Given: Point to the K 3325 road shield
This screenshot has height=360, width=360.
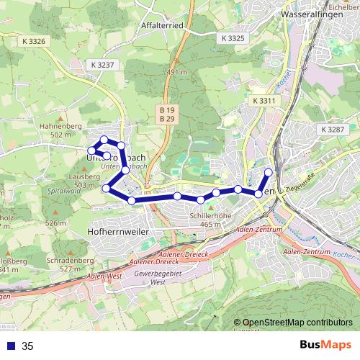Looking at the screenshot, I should click(233, 37).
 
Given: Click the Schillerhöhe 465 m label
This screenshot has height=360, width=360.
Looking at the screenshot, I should click(205, 220).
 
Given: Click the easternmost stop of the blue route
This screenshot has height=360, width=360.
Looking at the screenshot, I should click(269, 171).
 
